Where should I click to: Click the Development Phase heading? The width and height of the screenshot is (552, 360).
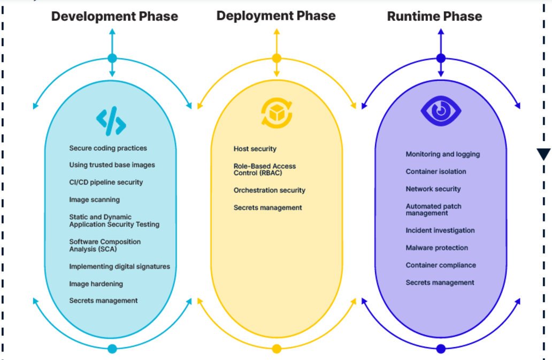[114, 17]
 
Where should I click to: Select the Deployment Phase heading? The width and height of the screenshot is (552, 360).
[276, 16]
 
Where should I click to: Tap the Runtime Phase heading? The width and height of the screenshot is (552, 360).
[434, 17]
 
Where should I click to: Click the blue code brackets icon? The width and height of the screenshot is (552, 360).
[111, 121]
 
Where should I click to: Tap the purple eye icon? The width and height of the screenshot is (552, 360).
[441, 111]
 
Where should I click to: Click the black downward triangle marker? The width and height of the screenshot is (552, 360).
[543, 154]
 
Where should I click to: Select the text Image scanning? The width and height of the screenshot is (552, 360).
[94, 200]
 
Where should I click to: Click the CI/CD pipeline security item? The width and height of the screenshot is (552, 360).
[106, 182]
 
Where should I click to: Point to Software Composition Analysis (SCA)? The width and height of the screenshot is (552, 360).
[105, 246]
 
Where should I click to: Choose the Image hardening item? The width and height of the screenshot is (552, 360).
[96, 284]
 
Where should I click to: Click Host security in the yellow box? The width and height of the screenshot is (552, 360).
[255, 149]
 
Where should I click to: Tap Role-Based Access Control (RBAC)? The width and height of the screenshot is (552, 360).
[264, 170]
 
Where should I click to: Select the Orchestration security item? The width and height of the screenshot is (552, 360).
[269, 190]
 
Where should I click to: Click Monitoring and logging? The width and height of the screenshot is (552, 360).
[442, 154]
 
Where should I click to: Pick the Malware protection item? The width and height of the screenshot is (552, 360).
[436, 248]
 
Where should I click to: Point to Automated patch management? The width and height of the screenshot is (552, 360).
[433, 210]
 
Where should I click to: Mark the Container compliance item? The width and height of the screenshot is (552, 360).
[440, 265]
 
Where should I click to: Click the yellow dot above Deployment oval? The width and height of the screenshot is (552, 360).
[277, 58]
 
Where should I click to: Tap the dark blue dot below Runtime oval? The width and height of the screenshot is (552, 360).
[441, 349]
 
